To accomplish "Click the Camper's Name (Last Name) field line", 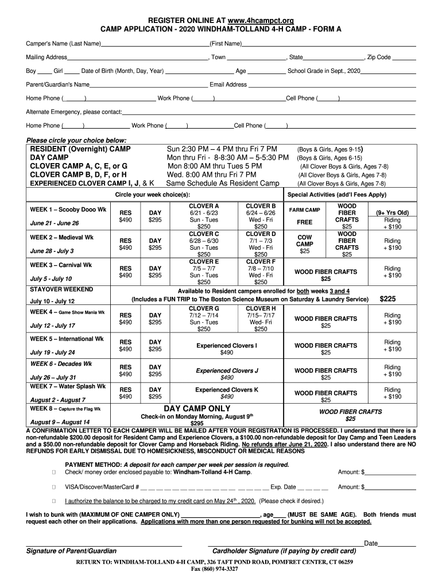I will (x=155, y=45).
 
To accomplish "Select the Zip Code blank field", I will (x=405, y=59).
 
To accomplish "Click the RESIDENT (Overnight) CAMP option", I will (x=80, y=149).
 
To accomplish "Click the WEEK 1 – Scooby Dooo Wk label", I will (x=68, y=210).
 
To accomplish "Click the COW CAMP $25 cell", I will (x=305, y=243).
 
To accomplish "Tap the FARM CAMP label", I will (x=305, y=210).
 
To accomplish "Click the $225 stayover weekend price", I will (x=389, y=299).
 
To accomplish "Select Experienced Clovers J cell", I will (x=227, y=374).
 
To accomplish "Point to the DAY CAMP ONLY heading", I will (x=197, y=408).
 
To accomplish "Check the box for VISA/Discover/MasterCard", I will (x=53, y=487).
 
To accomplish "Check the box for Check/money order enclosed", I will (x=53, y=472).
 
